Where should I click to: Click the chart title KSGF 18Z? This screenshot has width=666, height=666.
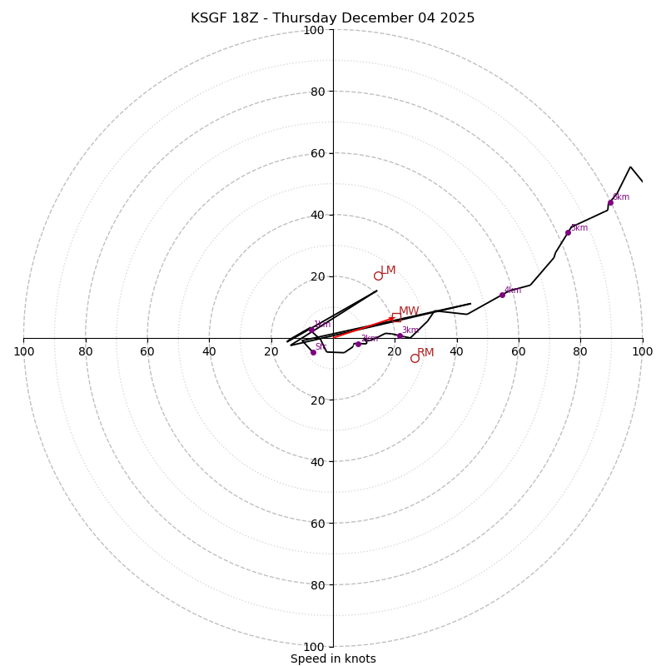[x=332, y=18]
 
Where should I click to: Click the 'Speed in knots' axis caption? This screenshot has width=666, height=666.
[x=333, y=659]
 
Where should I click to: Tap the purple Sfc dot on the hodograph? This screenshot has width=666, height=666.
[x=313, y=352]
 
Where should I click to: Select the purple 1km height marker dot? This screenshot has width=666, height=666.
[x=311, y=330]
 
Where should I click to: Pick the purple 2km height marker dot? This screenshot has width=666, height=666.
[x=358, y=344]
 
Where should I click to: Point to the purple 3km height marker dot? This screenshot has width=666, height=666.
[x=400, y=335]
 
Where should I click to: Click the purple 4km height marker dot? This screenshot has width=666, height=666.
[x=502, y=295]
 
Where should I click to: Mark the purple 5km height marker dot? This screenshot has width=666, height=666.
[x=568, y=232]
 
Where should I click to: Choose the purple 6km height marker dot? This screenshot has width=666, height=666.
[x=610, y=202]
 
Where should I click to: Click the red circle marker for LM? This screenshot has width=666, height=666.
[x=378, y=276]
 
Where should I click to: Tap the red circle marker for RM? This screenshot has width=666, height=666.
[x=415, y=358]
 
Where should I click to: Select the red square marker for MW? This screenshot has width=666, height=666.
[x=396, y=317]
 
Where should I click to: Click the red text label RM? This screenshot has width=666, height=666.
[x=425, y=353]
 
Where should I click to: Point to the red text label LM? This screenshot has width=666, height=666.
[x=388, y=271]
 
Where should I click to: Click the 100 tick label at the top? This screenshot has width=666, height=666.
[x=314, y=30]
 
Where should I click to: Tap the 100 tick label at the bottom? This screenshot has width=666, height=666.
[x=314, y=647]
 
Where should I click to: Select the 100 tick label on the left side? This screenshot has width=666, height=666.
[x=23, y=351]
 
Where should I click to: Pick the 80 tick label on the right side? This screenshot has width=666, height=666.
[x=580, y=351]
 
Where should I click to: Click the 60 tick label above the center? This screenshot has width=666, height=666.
[x=316, y=153]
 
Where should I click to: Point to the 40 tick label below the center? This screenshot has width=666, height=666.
[x=316, y=461]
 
